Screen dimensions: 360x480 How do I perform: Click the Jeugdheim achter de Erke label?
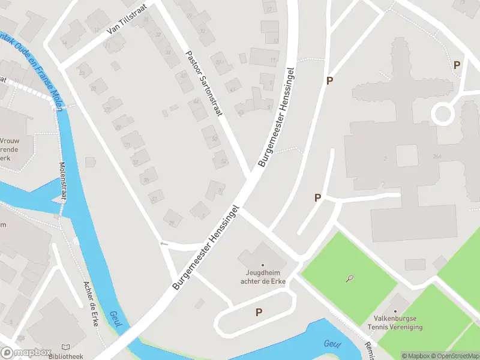click(263, 277)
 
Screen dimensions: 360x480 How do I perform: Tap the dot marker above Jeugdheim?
click(263, 265)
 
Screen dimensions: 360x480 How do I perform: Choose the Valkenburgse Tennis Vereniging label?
click(395, 323)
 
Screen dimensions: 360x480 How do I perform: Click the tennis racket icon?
click(349, 278)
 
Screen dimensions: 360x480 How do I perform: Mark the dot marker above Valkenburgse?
click(395, 311)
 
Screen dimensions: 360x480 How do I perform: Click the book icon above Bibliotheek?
click(66, 347)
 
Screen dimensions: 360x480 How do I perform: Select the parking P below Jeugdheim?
click(259, 312)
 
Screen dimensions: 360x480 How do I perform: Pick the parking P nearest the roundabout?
click(457, 65)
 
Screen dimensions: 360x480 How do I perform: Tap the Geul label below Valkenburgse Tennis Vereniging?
click(332, 344)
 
